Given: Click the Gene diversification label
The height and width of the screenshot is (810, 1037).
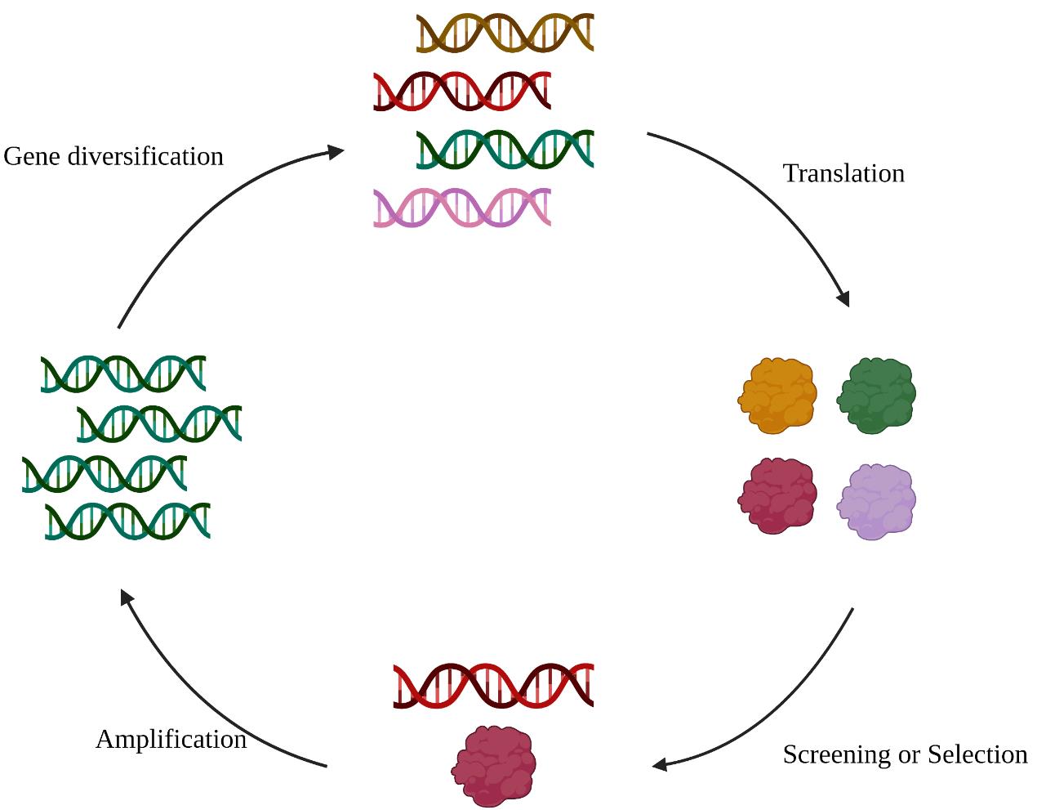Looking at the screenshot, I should click(113, 156).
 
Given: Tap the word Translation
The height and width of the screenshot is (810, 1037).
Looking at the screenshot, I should click(843, 173).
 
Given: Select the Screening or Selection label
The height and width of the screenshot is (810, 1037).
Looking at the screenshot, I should click(905, 754).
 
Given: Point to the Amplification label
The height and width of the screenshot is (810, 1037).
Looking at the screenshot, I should click(171, 739).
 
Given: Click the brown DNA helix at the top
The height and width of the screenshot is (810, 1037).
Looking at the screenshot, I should click(505, 34).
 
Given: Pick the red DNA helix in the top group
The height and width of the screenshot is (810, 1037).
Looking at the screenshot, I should click(462, 92).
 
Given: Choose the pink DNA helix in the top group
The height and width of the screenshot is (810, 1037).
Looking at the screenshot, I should click(462, 208).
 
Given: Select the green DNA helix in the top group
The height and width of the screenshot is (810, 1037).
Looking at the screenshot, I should click(505, 150).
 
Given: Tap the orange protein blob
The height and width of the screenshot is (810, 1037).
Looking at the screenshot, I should click(777, 395).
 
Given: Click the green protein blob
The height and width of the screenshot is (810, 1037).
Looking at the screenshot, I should click(877, 395).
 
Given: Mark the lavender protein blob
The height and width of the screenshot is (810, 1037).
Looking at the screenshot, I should click(877, 501).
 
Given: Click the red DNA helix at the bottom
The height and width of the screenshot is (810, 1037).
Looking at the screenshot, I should click(493, 685).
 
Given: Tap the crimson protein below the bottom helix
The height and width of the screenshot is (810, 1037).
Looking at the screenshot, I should click(494, 765).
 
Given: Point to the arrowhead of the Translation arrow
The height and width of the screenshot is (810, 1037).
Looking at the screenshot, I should click(844, 299).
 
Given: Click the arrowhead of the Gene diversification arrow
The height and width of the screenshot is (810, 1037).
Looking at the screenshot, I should click(336, 151).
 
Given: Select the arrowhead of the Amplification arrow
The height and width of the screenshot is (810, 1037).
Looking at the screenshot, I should click(126, 597).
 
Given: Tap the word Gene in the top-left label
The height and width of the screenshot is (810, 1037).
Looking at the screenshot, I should click(33, 156).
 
